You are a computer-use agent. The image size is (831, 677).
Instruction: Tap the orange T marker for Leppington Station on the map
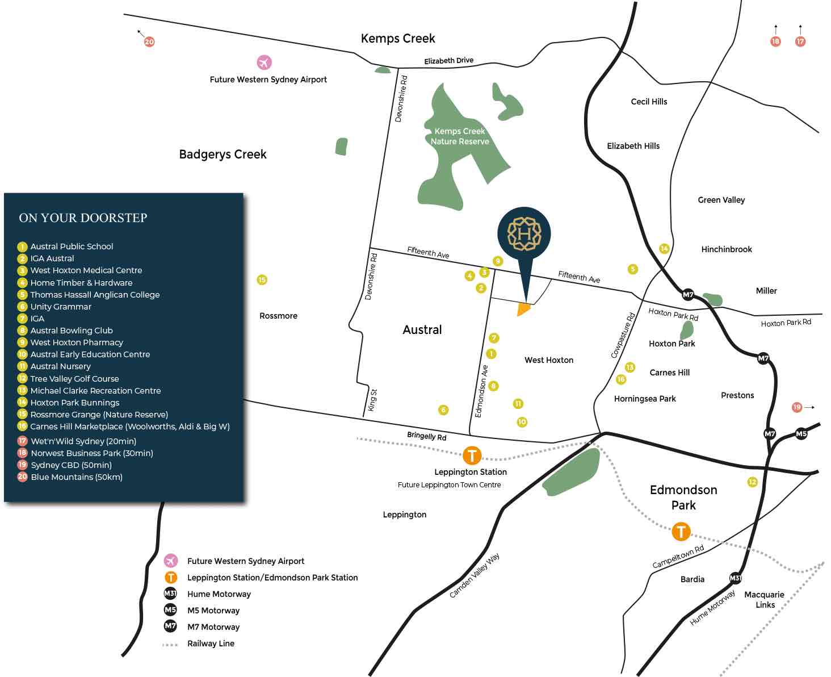click(472, 455)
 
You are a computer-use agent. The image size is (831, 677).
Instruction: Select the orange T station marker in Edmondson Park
click(681, 532)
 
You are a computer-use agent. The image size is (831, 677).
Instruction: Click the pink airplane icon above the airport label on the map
click(264, 62)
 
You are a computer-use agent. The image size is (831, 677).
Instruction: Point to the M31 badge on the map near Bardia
click(735, 578)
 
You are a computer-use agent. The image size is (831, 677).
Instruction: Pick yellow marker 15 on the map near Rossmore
click(262, 279)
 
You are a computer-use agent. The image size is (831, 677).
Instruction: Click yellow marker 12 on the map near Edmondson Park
click(752, 482)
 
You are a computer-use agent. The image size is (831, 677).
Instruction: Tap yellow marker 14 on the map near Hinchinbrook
click(664, 248)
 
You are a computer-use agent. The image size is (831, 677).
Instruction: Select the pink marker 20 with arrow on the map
click(149, 41)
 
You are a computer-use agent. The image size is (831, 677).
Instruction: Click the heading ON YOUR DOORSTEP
click(83, 218)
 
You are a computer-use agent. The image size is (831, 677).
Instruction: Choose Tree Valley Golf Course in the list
click(74, 379)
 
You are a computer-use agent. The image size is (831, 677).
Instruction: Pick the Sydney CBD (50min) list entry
click(71, 465)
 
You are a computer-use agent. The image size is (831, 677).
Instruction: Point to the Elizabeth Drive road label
click(448, 61)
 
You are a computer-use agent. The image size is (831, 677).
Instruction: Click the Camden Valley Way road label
click(475, 575)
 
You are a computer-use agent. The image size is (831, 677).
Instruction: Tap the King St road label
click(372, 400)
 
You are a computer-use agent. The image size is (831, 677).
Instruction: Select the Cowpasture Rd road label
click(623, 336)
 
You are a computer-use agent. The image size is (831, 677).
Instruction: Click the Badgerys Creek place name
click(223, 154)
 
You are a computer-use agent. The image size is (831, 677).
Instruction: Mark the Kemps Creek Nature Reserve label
click(460, 136)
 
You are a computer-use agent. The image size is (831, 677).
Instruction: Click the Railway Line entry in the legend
click(211, 643)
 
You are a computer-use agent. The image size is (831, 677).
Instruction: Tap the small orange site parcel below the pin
click(523, 310)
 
